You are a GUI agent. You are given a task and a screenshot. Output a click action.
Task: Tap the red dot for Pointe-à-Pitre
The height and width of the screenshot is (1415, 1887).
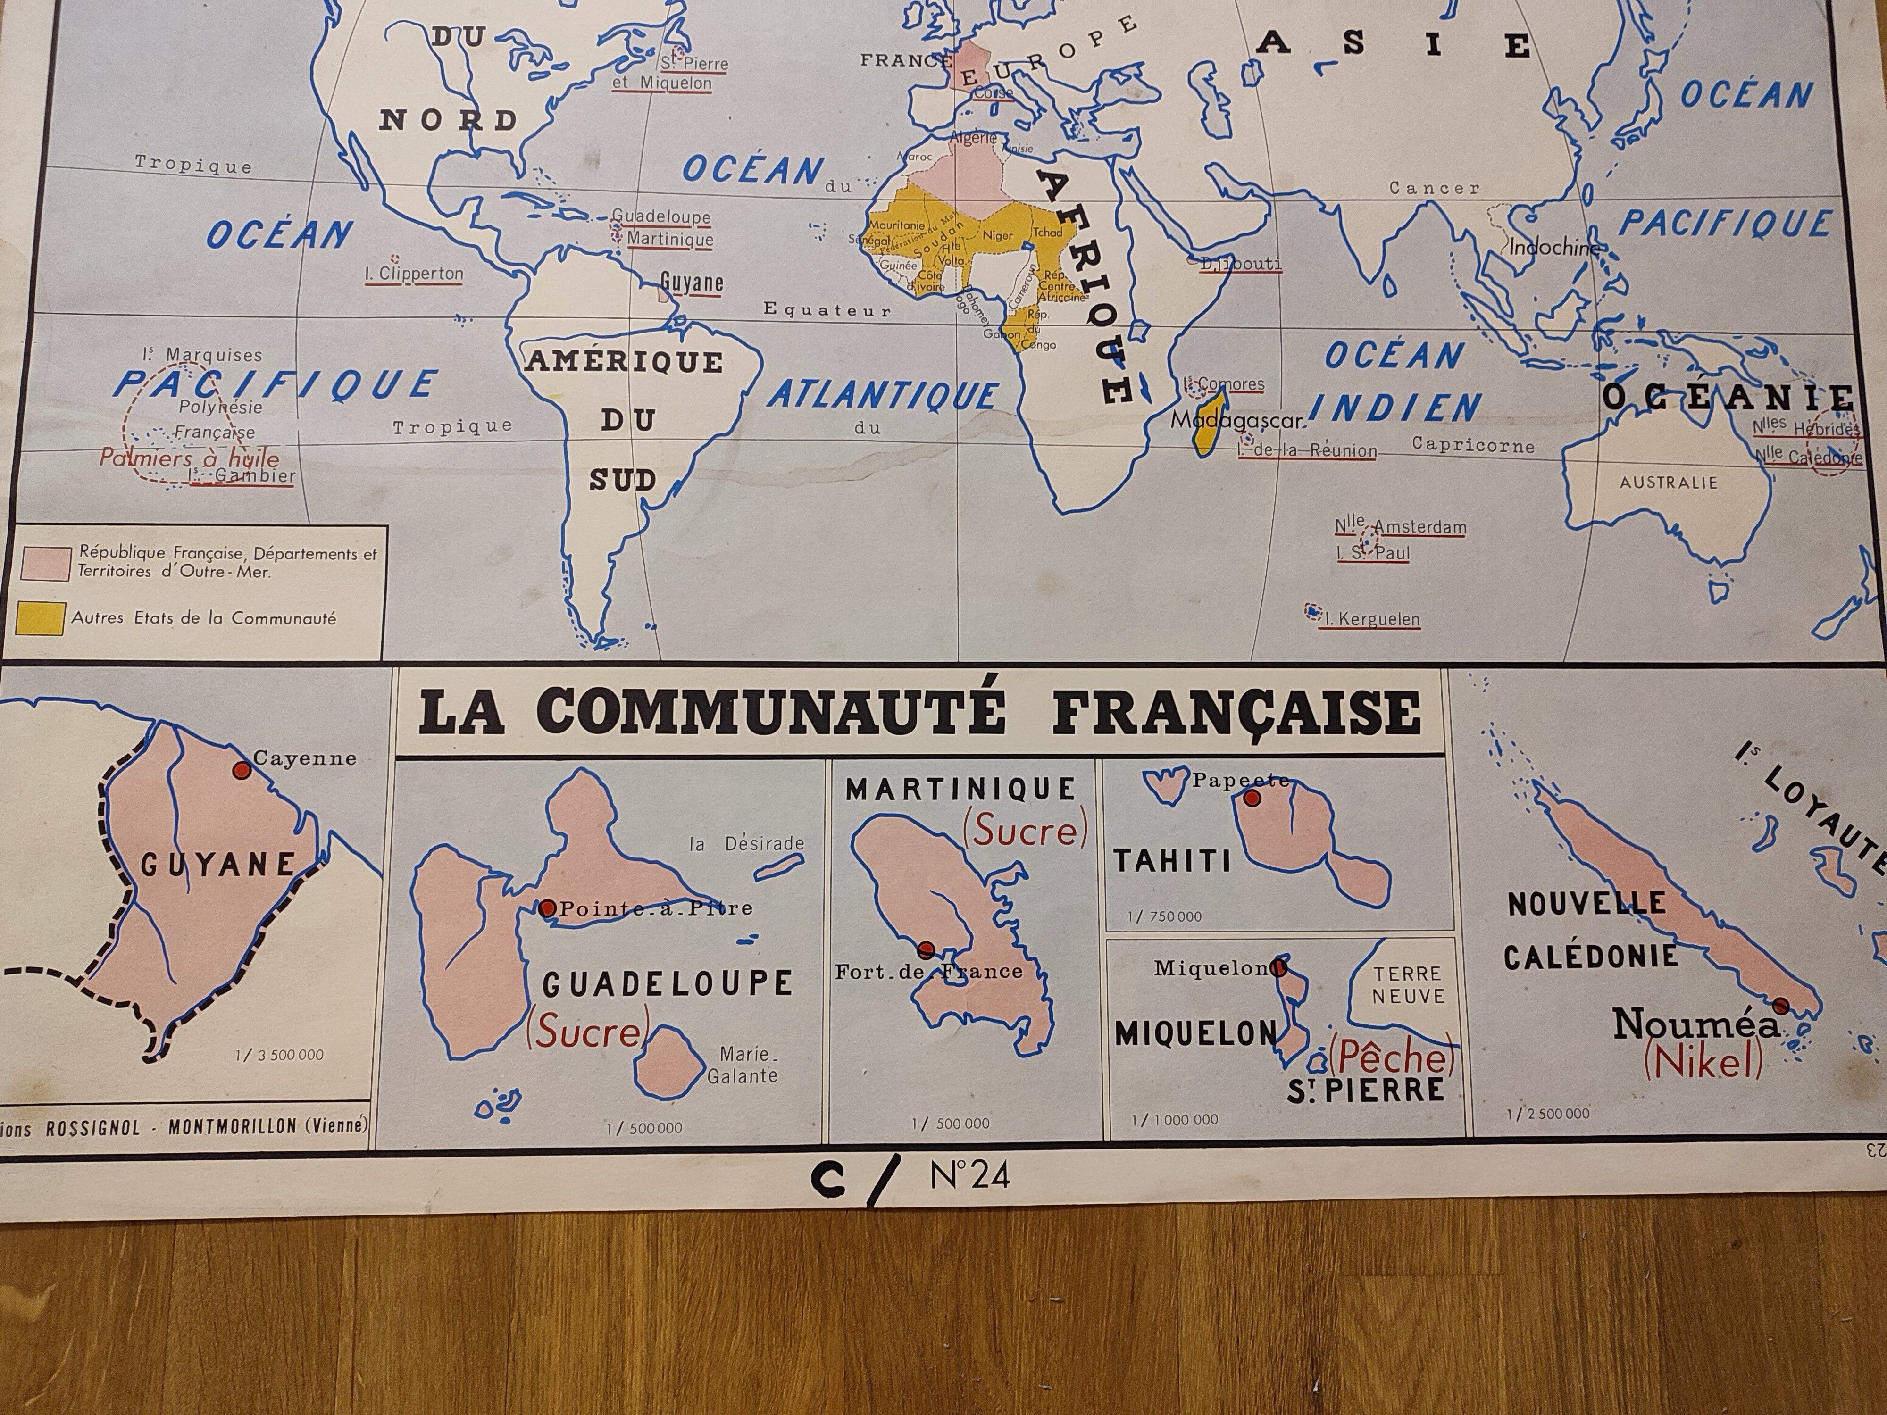coord(548,908)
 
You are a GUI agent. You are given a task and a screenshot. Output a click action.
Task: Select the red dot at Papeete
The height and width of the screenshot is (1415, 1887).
coord(1252,799)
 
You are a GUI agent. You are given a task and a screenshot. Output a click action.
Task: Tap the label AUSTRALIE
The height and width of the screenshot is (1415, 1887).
coord(1669,483)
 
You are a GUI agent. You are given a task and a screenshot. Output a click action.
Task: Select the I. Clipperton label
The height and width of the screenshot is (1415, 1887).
coord(414,274)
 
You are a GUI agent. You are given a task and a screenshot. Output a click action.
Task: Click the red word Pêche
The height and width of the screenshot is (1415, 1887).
coord(1391,1058)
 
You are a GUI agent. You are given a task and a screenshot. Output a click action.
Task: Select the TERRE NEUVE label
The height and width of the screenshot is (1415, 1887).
coord(1408,985)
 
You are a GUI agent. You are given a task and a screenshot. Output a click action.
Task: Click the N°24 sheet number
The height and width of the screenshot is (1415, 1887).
coord(970,1177)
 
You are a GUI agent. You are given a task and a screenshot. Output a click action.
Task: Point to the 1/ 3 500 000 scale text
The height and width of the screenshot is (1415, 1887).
coord(280,1055)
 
